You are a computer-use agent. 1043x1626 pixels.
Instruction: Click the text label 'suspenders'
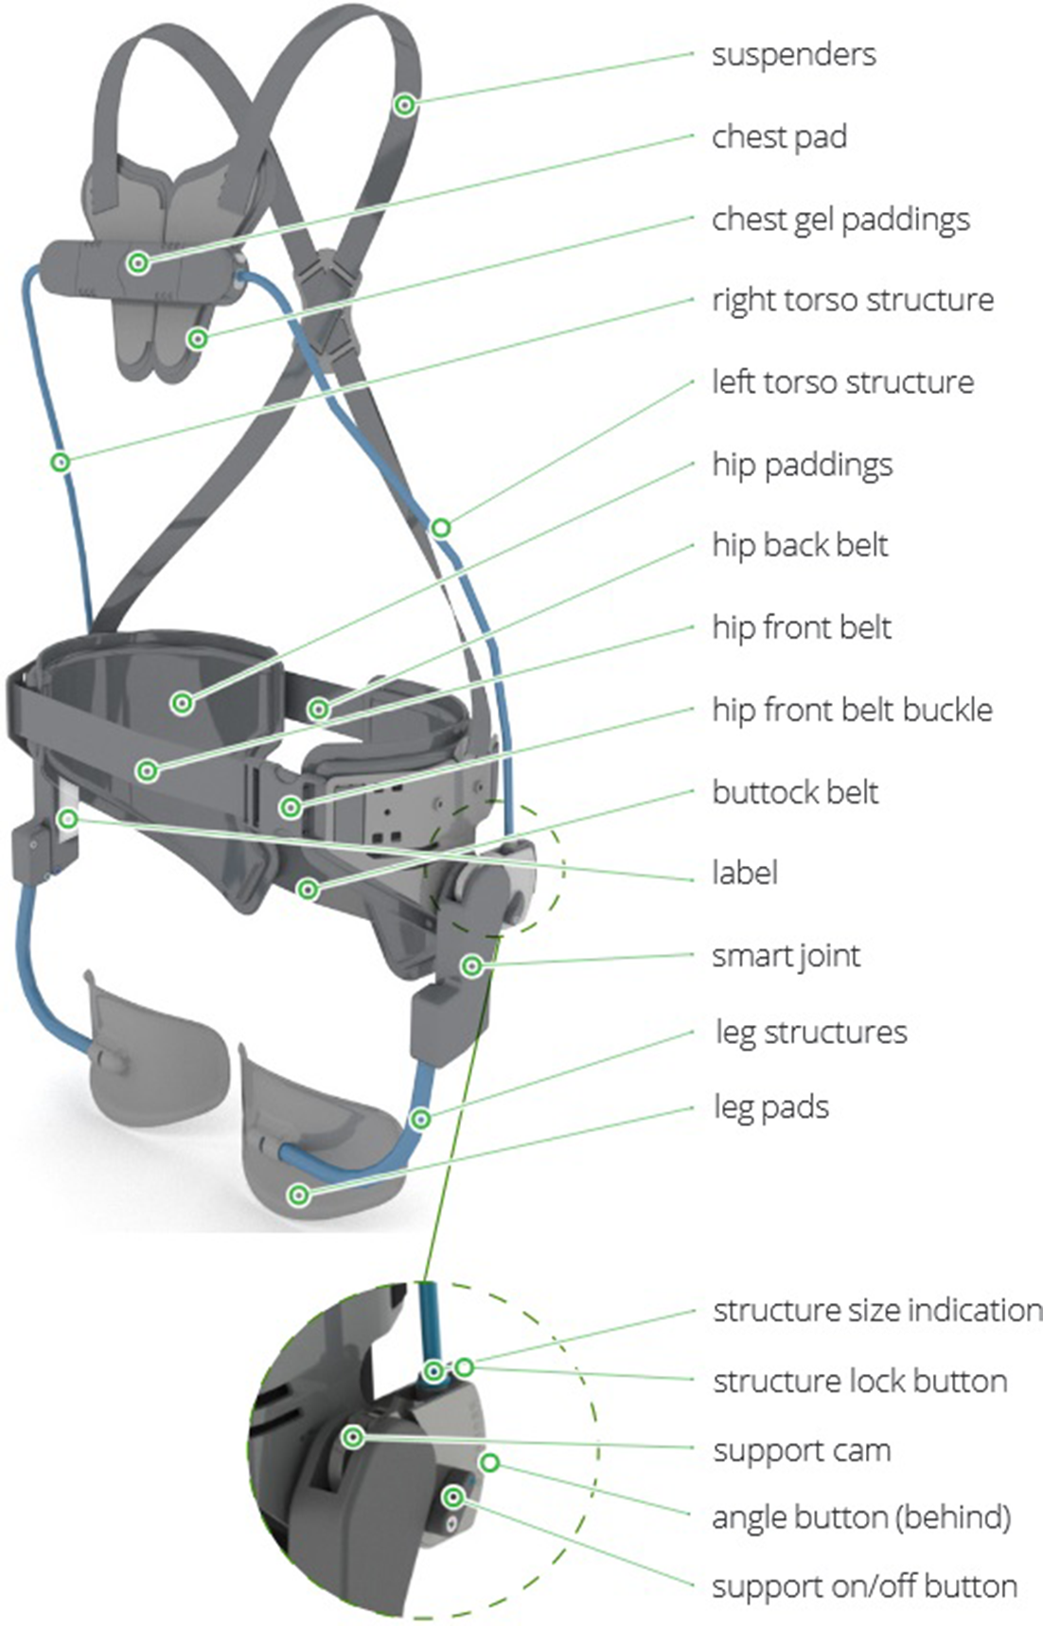793,55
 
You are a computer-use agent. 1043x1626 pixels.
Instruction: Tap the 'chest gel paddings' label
840,220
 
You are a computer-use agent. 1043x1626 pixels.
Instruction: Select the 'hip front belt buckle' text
852,710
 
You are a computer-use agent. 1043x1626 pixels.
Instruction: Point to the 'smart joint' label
786,956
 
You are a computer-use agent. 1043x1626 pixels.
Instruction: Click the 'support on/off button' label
864,1586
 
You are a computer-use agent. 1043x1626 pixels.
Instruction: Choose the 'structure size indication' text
877,1311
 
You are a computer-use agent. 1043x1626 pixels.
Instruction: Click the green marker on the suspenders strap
405,104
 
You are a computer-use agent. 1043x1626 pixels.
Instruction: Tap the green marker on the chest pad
138,263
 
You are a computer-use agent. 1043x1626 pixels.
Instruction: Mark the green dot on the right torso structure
61,463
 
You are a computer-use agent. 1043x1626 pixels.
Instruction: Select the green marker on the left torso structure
441,527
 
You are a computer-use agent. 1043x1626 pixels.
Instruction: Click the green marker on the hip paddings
182,702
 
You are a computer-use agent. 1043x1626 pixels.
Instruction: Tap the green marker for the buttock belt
308,890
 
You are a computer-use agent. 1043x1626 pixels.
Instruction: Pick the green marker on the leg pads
299,1195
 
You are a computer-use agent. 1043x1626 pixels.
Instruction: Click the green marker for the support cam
353,1438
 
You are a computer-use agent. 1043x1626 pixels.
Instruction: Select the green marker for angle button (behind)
489,1463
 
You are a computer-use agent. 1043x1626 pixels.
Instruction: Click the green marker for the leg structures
420,1120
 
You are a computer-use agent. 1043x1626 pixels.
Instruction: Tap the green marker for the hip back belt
320,709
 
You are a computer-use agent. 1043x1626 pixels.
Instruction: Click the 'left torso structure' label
842,382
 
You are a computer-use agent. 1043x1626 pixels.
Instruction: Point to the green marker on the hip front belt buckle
292,807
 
